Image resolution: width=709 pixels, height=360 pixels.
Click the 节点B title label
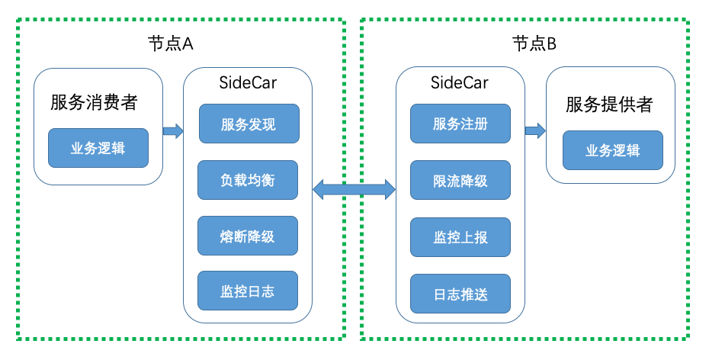[x=533, y=43]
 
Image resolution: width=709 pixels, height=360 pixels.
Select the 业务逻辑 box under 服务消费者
[x=98, y=149]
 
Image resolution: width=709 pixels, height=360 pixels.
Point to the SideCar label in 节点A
[x=248, y=83]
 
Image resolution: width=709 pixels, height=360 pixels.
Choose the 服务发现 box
[x=248, y=124]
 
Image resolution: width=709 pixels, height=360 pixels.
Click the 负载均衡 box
[x=247, y=180]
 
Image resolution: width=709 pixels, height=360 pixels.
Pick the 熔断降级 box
[x=247, y=236]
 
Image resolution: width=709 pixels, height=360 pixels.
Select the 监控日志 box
[x=247, y=292]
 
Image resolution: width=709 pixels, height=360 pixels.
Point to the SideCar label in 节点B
[x=460, y=83]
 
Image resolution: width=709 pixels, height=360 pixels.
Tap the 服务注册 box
[x=460, y=124]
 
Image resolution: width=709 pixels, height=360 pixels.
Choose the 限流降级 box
[x=460, y=181]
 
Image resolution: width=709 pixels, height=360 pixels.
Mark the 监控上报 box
[x=460, y=237]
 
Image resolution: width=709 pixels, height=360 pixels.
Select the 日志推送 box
[x=460, y=294]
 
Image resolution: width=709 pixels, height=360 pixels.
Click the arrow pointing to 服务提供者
[x=534, y=130]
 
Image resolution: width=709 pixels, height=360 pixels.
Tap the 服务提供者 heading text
[x=610, y=104]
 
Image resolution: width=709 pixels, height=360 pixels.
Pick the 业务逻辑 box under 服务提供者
[x=612, y=150]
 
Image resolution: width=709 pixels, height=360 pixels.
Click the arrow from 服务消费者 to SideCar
[x=173, y=130]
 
